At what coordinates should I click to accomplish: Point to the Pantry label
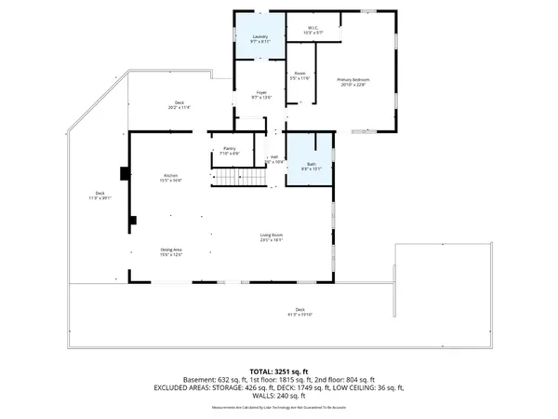coord(230,151)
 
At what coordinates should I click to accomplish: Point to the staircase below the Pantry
coord(240,178)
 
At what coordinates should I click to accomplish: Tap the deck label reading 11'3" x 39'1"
coord(99,196)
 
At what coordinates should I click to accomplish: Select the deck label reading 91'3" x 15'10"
coord(299,312)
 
